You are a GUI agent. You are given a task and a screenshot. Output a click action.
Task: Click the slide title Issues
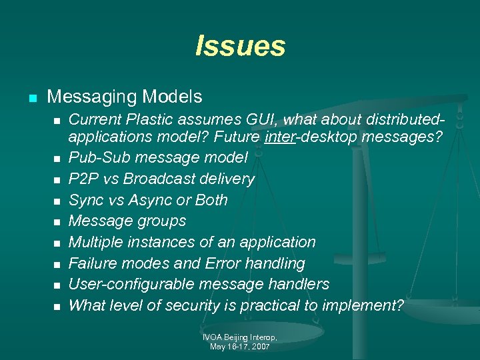pos(240,46)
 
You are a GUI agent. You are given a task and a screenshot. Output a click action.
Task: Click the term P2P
pos(82,179)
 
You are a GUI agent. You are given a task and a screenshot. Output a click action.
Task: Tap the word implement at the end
pos(369,305)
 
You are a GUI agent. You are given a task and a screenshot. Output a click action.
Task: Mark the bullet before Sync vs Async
pos(57,201)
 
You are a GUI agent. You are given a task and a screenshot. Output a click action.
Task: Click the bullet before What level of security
pos(57,306)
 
